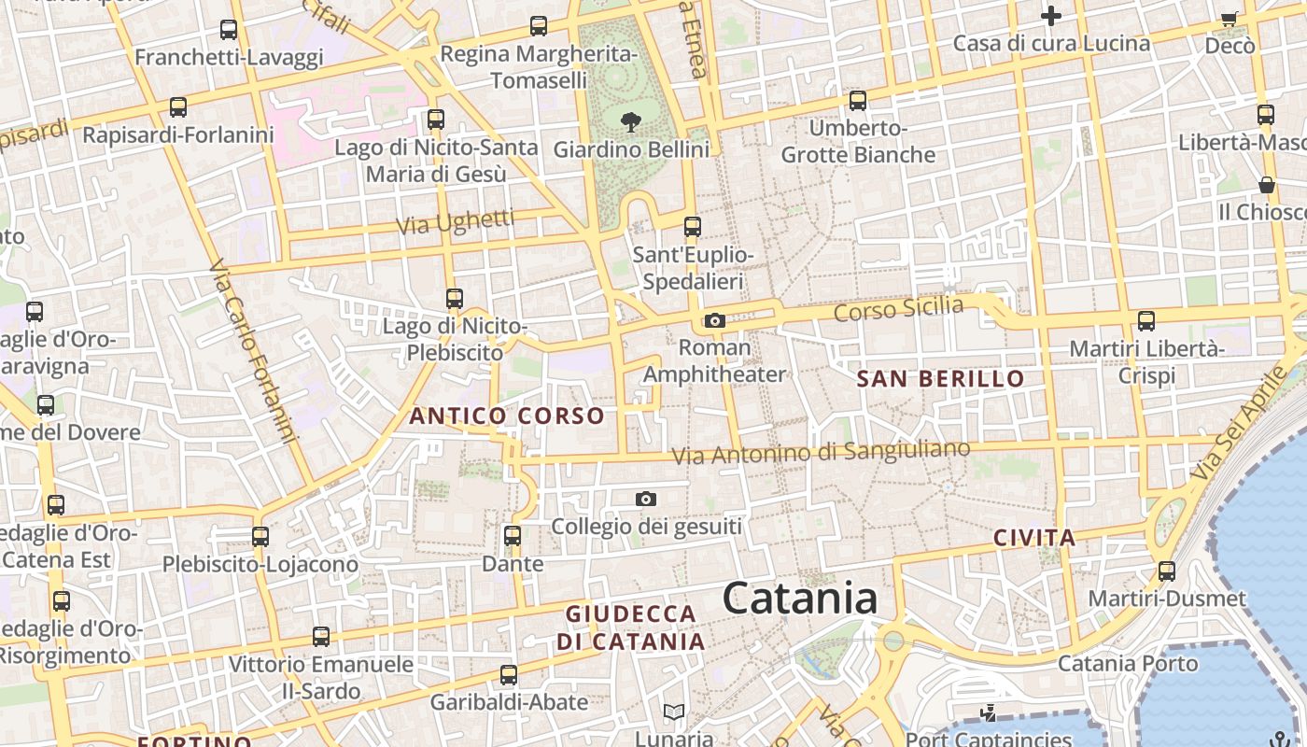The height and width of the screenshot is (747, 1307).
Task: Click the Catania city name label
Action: [800, 599]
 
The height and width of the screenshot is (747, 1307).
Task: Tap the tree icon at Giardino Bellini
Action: [631, 120]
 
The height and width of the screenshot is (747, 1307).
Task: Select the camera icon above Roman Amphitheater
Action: [715, 321]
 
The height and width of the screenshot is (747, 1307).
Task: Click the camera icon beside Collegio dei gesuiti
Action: [645, 500]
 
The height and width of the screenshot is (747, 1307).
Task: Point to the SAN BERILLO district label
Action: [940, 378]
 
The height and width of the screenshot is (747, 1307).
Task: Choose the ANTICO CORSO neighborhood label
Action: [507, 416]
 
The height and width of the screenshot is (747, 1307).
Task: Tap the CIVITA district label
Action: [1034, 538]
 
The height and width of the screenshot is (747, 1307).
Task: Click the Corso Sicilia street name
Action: [898, 308]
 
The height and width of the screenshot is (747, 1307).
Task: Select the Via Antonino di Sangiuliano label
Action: [822, 453]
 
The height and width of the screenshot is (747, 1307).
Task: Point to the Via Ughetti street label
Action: [455, 222]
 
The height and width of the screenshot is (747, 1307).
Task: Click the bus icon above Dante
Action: [513, 536]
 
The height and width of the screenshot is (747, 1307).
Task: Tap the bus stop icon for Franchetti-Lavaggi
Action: [229, 30]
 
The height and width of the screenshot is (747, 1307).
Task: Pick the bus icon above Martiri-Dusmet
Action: [1167, 571]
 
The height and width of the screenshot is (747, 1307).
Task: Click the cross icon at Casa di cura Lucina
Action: [1051, 16]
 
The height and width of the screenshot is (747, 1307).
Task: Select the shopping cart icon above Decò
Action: [1230, 19]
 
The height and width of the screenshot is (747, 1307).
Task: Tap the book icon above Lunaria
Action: [674, 712]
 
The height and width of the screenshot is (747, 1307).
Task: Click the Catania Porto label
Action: [1127, 664]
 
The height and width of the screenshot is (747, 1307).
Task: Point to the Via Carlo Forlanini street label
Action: [253, 352]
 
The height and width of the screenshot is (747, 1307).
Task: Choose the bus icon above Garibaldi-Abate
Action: [509, 674]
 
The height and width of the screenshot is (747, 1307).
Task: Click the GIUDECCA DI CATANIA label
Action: [631, 628]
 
